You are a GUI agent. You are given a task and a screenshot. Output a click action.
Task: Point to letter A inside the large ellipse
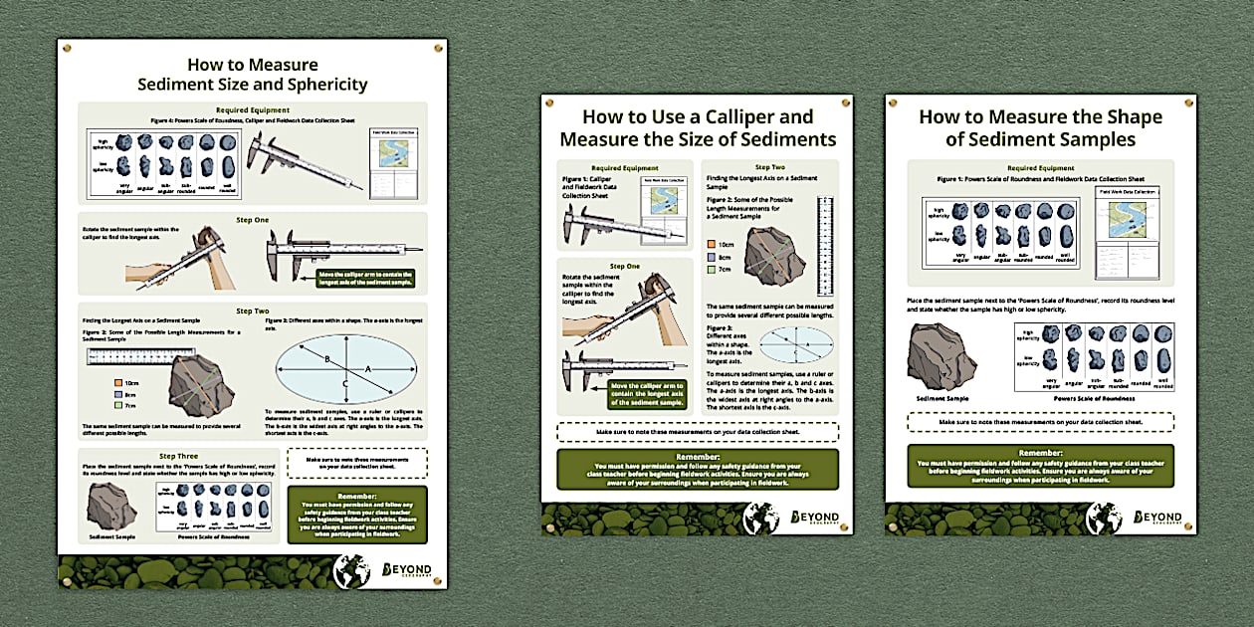click(x=368, y=367)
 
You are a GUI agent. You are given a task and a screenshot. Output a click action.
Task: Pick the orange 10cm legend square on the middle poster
click(x=711, y=244)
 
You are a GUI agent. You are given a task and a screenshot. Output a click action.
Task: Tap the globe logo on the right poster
click(x=1103, y=518)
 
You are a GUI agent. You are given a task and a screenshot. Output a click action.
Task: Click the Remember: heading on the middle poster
click(x=697, y=457)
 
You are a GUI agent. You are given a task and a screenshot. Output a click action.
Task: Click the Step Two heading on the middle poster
click(x=769, y=168)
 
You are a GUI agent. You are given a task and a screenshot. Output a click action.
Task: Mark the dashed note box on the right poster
click(x=1040, y=422)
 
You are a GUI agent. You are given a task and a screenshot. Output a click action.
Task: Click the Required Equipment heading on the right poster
click(x=1040, y=169)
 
